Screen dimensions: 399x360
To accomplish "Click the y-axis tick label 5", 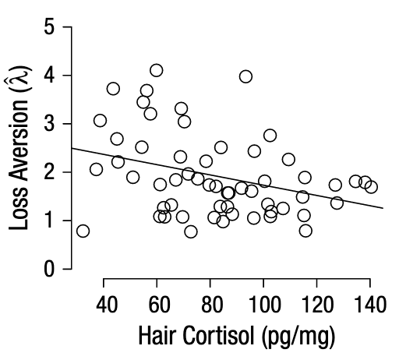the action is [49, 27].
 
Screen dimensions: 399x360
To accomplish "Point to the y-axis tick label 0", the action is [49, 269].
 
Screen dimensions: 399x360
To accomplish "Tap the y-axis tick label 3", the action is [49, 124].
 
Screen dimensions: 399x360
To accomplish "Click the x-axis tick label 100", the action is [265, 305].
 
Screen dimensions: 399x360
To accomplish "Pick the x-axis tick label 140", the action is [370, 305].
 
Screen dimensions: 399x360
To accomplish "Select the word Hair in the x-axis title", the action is [158, 335].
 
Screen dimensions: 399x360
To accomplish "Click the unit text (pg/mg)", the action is [298, 337].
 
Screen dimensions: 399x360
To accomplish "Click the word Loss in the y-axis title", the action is [19, 209].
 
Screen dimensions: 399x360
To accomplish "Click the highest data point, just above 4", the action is [157, 70].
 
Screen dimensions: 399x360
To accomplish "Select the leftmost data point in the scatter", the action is [83, 231].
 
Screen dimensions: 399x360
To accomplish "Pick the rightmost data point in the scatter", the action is [371, 187].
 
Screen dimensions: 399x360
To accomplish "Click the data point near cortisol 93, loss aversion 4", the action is [245, 76].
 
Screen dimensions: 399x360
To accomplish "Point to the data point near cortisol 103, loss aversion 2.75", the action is [270, 136].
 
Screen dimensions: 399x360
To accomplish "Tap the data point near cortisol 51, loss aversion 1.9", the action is [133, 178].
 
